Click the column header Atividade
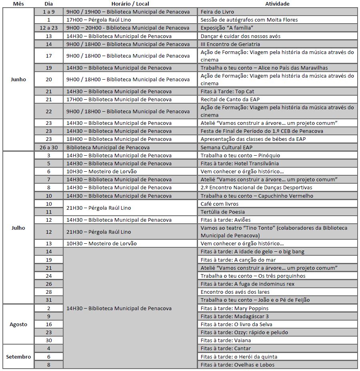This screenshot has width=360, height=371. (x=277, y=4)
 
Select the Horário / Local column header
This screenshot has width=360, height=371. (x=130, y=4)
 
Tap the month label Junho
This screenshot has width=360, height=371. (x=18, y=79)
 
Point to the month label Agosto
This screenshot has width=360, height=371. (x=18, y=324)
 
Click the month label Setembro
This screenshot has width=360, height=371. (x=18, y=357)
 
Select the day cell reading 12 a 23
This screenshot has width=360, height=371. (x=49, y=28)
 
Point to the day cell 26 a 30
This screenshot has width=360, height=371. (x=49, y=147)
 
